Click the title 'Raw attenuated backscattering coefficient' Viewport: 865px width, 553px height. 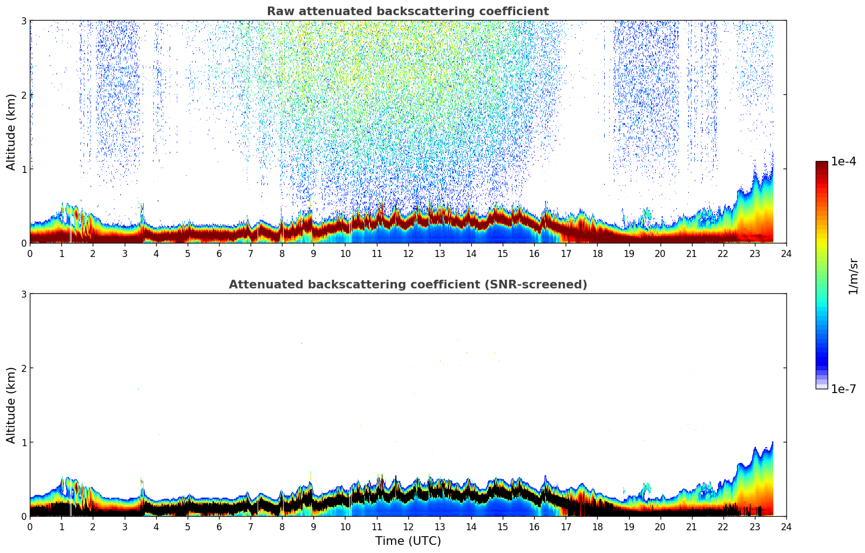(407, 11)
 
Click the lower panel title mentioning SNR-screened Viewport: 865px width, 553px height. (407, 285)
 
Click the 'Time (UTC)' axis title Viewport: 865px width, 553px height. (408, 541)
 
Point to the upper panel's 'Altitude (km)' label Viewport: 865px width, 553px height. (11, 132)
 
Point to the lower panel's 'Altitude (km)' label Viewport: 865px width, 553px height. (11, 405)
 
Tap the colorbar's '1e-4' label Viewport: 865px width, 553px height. (843, 162)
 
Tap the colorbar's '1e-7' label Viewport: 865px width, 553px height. (843, 389)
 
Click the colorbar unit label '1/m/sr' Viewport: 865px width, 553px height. (853, 276)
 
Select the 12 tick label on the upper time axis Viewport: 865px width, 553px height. (408, 253)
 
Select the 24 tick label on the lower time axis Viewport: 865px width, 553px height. (786, 526)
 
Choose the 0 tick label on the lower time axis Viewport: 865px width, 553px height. (30, 526)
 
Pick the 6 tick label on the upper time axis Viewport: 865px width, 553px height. (219, 253)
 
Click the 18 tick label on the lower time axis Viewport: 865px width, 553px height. (597, 526)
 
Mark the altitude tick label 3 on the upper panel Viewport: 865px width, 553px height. (23, 21)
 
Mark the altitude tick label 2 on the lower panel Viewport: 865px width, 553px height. (23, 368)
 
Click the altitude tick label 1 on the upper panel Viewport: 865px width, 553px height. (23, 169)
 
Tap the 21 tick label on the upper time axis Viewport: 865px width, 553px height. (691, 253)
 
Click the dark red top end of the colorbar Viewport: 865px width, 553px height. (822, 164)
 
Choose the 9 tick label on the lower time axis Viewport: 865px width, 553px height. (313, 526)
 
